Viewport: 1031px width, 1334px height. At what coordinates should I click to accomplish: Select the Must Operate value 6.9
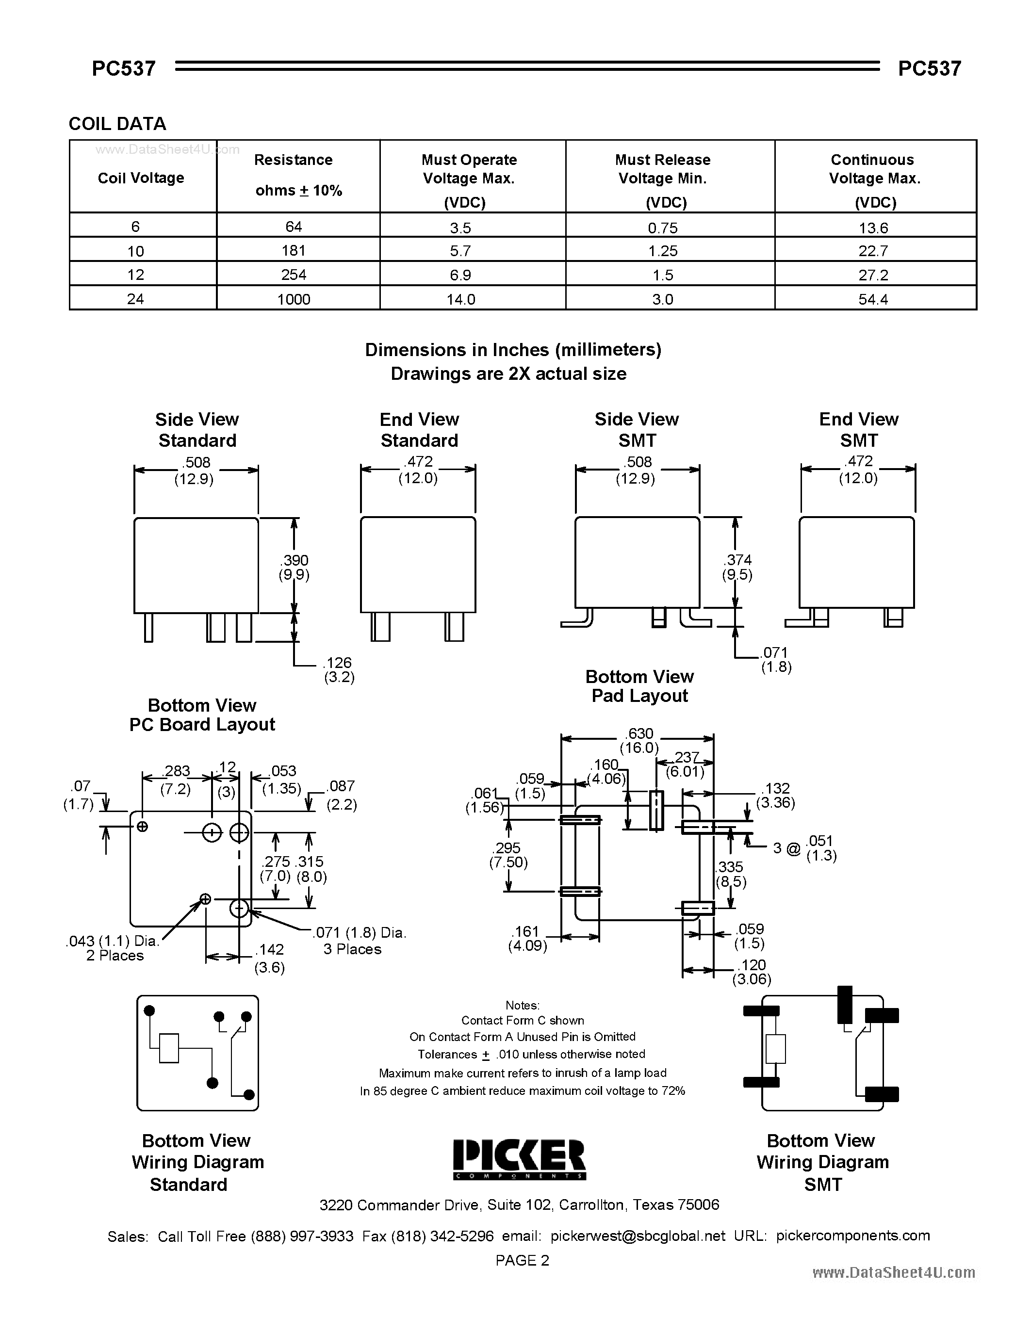[x=460, y=275]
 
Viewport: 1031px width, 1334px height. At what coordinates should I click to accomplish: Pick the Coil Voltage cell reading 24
[x=135, y=299]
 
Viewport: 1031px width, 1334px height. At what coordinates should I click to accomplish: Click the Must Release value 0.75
[x=662, y=228]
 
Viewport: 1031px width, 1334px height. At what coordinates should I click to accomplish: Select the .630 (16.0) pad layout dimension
[x=639, y=740]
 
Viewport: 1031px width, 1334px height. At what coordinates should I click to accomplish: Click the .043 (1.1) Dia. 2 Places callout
[x=114, y=948]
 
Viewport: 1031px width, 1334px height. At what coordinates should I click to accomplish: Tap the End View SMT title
[x=858, y=429]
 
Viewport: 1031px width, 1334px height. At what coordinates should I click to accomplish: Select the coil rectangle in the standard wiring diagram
[x=168, y=1048]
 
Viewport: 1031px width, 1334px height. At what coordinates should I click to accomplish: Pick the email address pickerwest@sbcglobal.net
[x=638, y=1236]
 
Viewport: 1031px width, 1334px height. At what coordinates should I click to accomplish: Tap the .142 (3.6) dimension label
[x=269, y=958]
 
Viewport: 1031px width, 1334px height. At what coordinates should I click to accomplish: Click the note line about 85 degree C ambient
[x=522, y=1091]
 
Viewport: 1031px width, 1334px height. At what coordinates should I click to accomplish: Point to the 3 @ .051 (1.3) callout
[x=804, y=848]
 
